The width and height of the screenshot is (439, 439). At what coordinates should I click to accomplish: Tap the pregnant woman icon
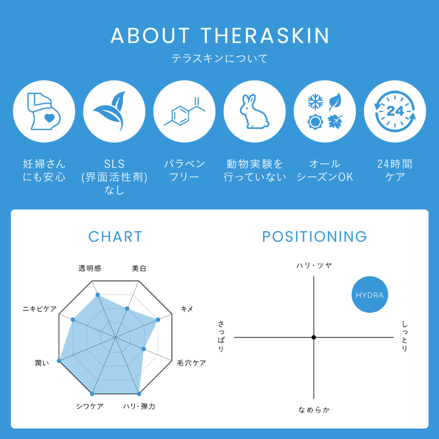click(44, 112)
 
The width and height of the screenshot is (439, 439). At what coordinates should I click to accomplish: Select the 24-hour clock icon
click(395, 112)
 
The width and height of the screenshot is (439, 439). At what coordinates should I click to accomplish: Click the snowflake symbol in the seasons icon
click(315, 101)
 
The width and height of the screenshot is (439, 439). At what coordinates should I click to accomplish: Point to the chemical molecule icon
click(184, 112)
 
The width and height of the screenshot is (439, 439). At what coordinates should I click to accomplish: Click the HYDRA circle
click(370, 295)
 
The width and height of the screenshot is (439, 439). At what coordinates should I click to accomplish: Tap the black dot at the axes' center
click(313, 337)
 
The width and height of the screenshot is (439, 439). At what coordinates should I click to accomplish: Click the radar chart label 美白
click(139, 269)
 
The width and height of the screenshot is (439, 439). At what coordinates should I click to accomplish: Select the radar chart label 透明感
click(90, 269)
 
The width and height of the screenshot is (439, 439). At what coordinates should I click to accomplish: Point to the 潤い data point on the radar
click(59, 361)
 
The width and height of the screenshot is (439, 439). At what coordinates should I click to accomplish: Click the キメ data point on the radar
click(158, 320)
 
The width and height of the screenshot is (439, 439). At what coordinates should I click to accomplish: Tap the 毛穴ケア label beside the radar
click(191, 363)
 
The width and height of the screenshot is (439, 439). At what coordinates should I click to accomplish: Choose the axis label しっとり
click(405, 336)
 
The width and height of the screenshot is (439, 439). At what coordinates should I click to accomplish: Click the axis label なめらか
click(314, 410)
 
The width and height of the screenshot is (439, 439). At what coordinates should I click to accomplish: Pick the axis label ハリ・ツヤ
click(314, 265)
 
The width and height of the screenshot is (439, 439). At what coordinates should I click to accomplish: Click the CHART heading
click(115, 237)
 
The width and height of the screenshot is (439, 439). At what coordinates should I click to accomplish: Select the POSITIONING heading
click(314, 237)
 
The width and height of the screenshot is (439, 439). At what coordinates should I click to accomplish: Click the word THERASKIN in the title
click(265, 36)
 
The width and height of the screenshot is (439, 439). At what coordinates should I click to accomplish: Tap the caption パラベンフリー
click(184, 170)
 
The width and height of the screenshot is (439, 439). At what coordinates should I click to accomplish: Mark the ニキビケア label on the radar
click(40, 309)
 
